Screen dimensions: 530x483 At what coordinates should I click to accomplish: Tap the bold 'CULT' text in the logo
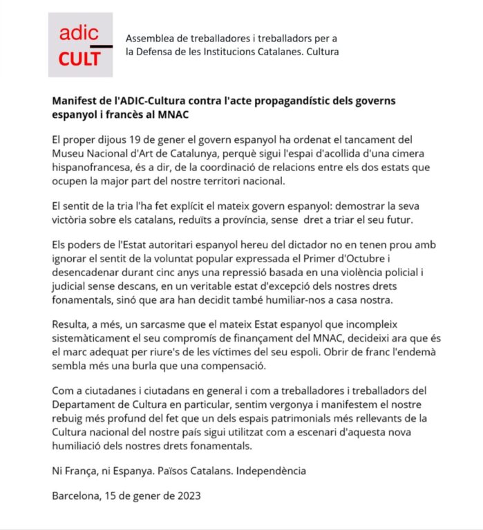tap(79, 59)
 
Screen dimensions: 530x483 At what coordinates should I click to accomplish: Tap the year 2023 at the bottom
tap(189, 495)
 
